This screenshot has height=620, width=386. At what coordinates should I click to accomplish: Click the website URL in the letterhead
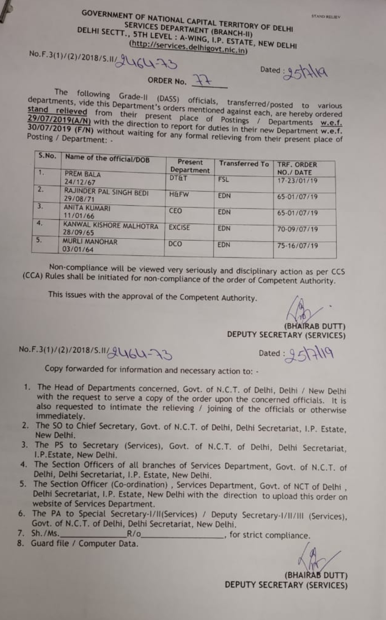[188, 47]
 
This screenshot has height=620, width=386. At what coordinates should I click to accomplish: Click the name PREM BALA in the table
[83, 174]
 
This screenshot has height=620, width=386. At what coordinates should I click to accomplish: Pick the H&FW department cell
[179, 195]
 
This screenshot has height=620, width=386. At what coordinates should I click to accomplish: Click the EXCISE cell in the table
[179, 228]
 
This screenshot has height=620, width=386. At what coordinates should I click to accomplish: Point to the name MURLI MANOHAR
[90, 242]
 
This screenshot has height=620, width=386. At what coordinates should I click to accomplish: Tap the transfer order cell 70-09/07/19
[297, 229]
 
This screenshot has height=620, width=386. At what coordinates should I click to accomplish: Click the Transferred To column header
[244, 164]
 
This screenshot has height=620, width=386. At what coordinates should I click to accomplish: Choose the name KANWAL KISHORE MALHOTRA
[111, 226]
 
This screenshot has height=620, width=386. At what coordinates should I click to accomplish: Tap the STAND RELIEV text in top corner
[326, 16]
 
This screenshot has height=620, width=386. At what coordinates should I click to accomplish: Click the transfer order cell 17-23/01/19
[297, 181]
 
